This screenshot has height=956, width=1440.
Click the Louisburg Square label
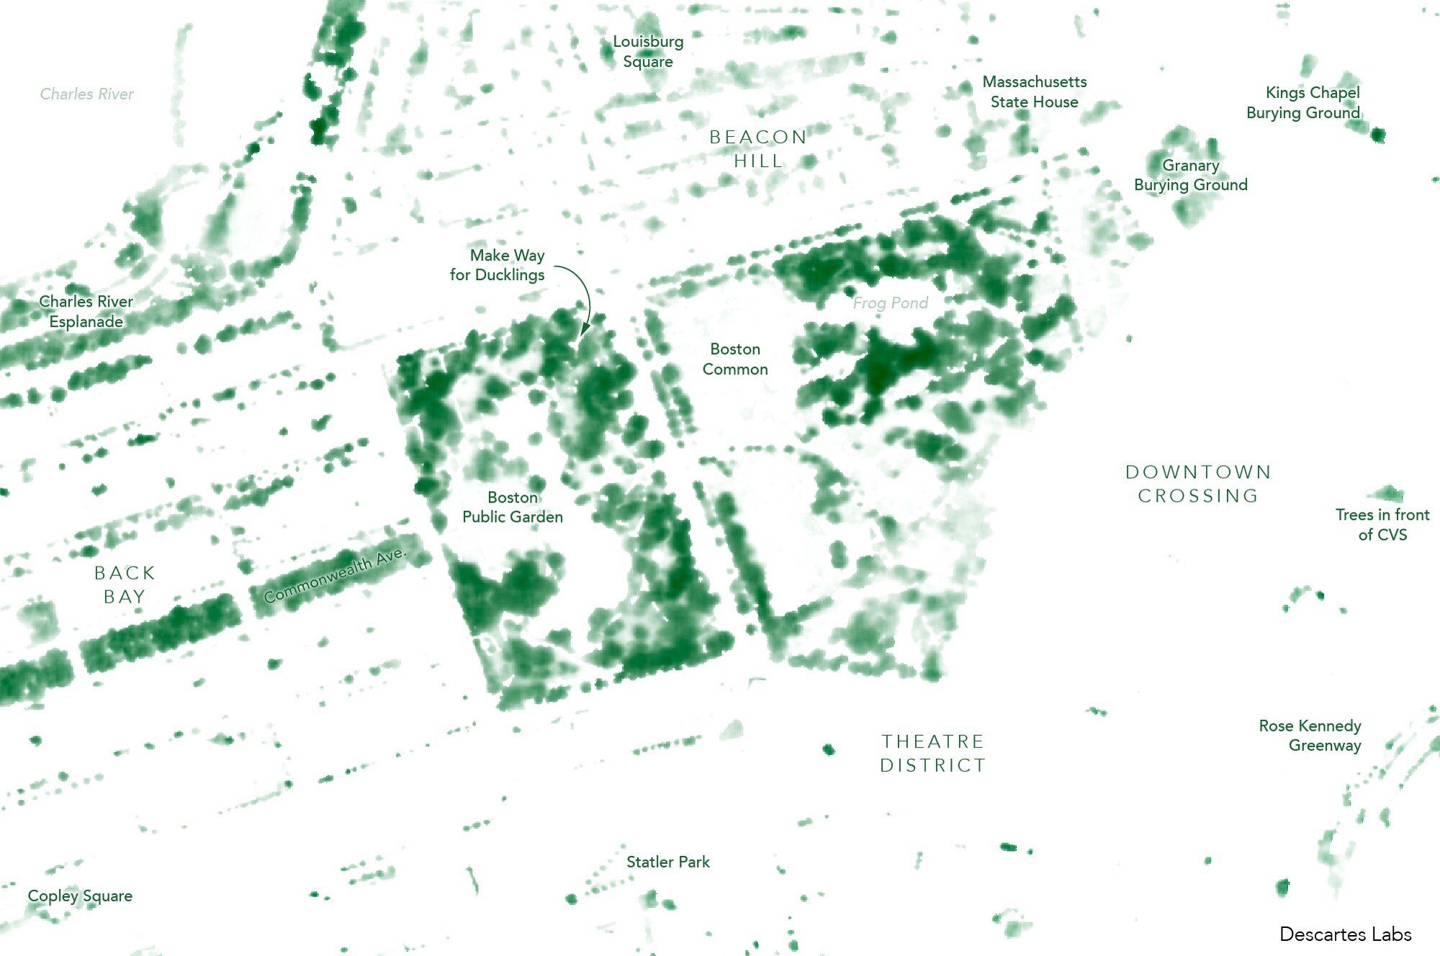tap(648, 51)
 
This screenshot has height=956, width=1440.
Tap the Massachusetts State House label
tap(1035, 91)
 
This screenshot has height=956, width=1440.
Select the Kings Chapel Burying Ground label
tap(1303, 102)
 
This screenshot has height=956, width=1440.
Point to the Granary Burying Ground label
tap(1191, 175)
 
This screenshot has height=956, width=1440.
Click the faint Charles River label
tap(86, 94)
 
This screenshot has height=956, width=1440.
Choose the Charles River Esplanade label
tap(86, 311)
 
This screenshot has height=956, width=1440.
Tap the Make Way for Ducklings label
tap(498, 265)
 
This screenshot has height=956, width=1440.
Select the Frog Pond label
tap(891, 303)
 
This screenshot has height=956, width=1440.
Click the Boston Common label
tap(735, 358)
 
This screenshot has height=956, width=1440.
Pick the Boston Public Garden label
tap(513, 507)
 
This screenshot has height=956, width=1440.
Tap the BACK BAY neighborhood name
tap(125, 585)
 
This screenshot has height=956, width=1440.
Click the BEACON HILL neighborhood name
tap(758, 148)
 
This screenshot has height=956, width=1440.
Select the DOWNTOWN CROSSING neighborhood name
tap(1199, 484)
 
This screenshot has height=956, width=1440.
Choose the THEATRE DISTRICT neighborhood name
tap(933, 753)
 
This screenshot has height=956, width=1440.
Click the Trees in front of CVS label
tap(1382, 524)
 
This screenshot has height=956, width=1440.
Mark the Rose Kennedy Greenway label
tap(1310, 735)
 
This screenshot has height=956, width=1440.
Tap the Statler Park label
tap(668, 862)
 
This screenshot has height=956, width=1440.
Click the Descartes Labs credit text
tap(1346, 934)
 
